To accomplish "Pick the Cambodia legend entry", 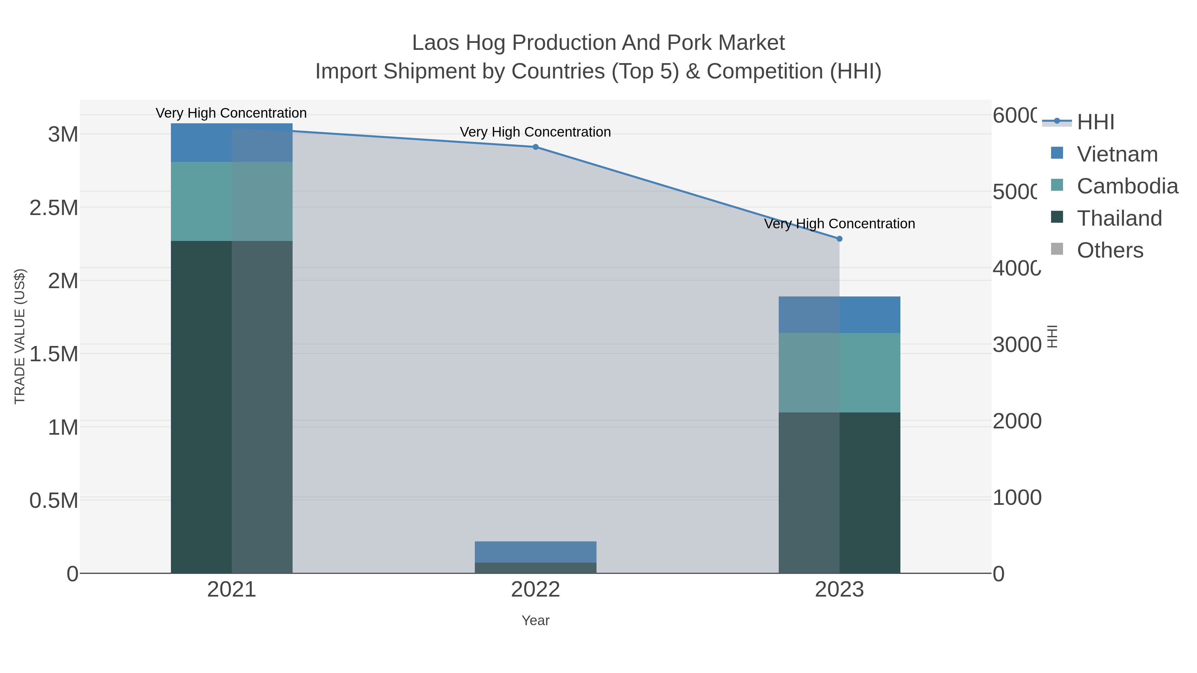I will (x=1127, y=186).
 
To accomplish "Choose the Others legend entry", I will (x=1110, y=250).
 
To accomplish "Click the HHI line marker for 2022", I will (x=535, y=147).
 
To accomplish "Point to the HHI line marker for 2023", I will (x=839, y=239).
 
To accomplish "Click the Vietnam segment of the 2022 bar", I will (x=535, y=552).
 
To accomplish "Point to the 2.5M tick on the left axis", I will (x=54, y=208).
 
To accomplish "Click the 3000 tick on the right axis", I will (x=1017, y=345).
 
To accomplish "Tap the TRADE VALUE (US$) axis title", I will (x=20, y=336).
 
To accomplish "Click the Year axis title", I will (x=535, y=620).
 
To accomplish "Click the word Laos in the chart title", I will (x=435, y=43).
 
